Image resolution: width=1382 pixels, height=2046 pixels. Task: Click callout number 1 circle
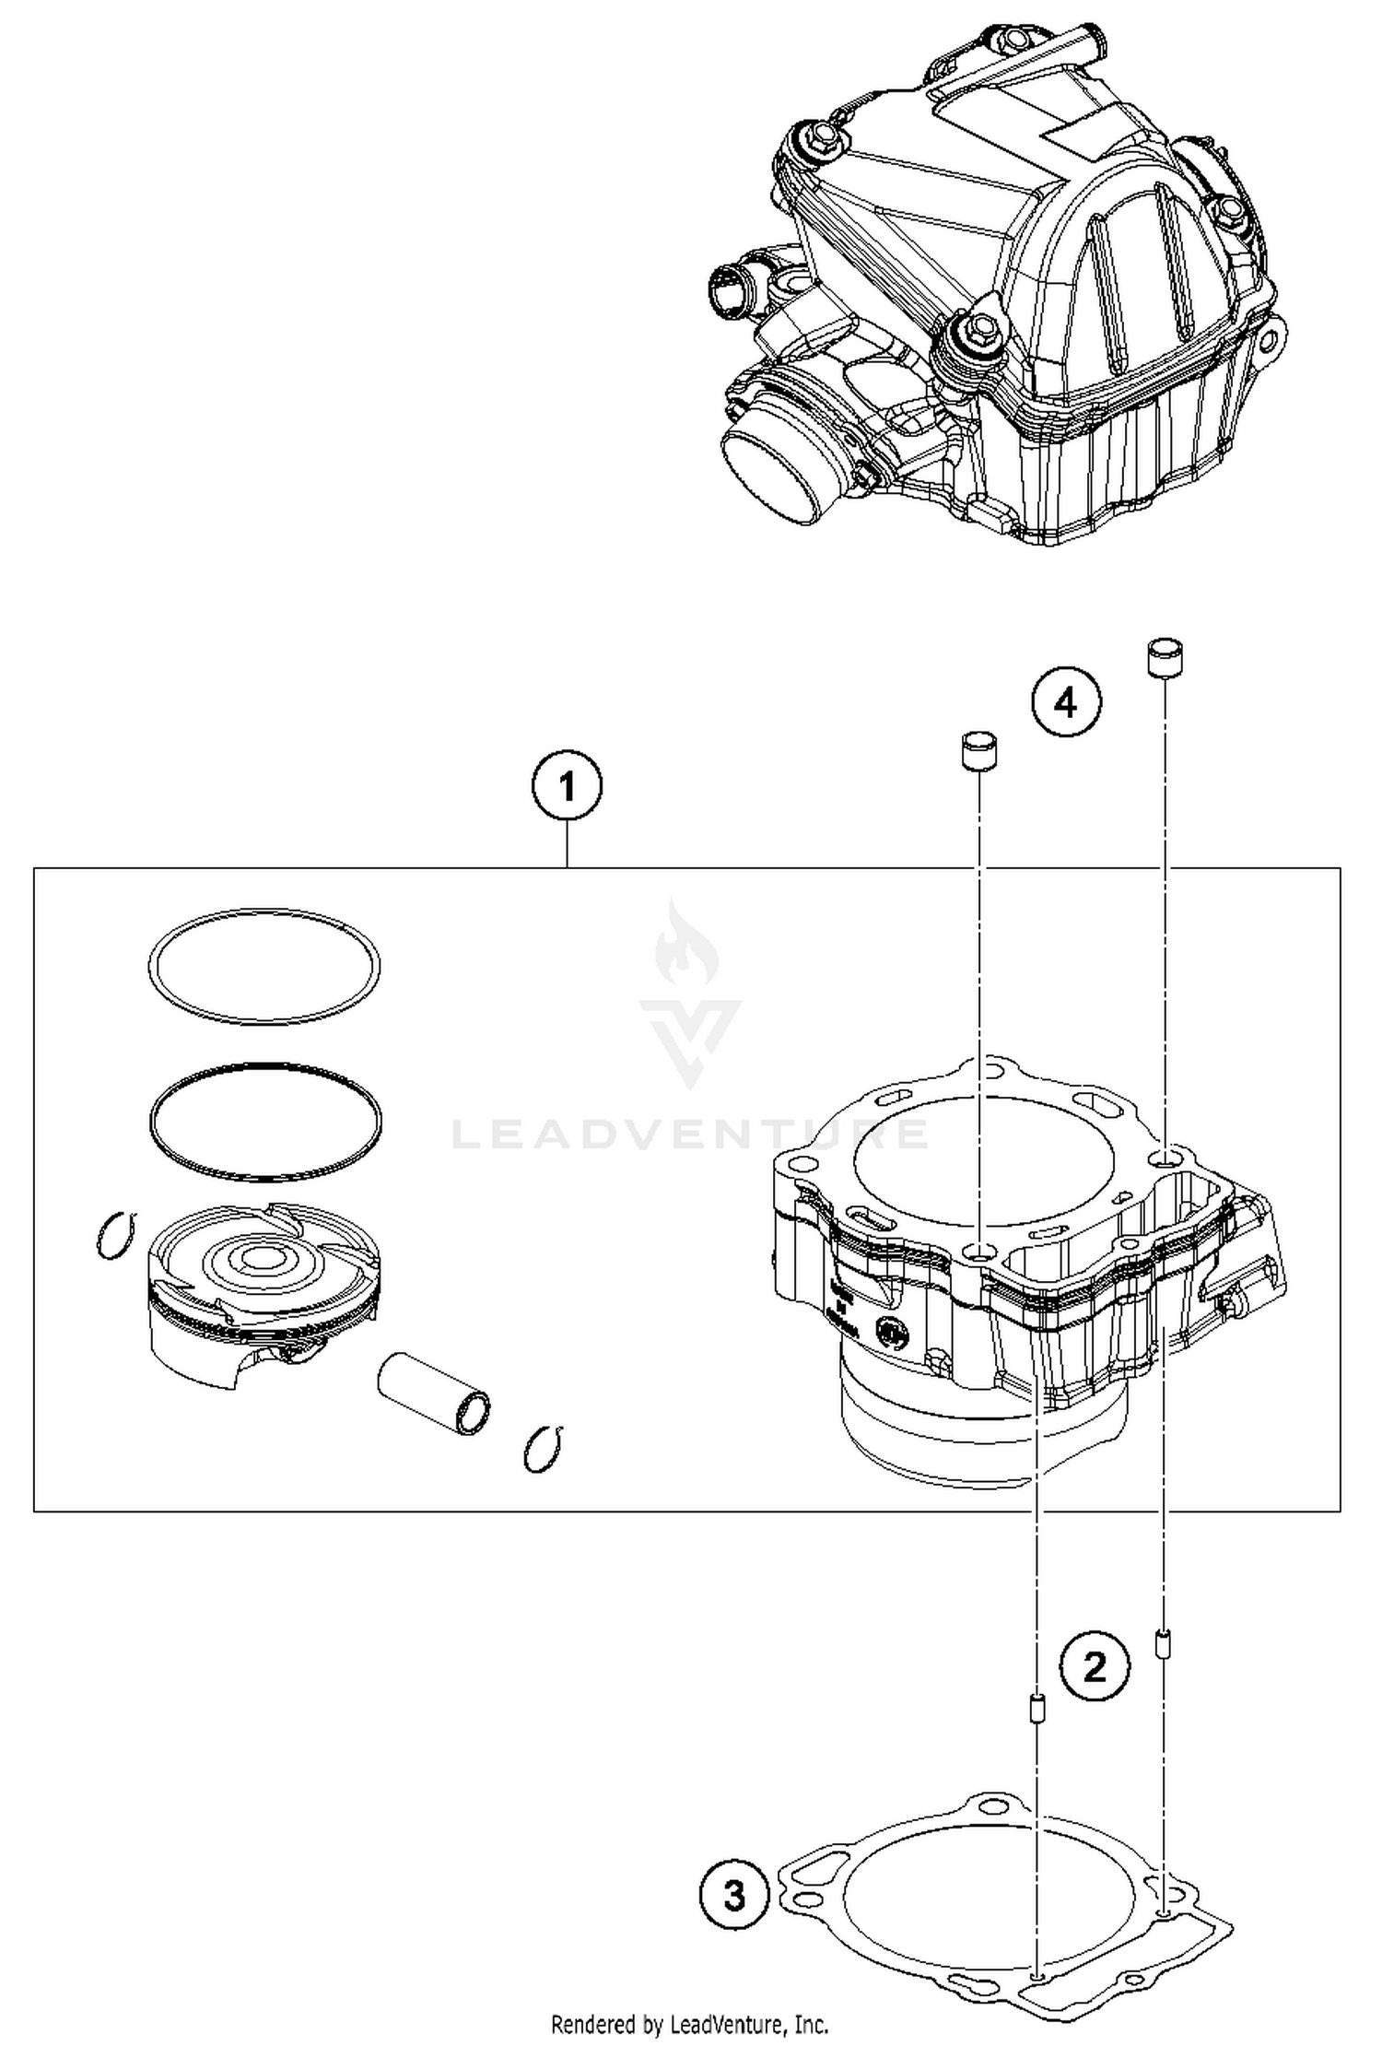[567, 788]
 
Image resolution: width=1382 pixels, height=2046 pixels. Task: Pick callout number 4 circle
[1066, 704]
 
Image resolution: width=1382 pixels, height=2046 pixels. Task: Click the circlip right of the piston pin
[543, 1449]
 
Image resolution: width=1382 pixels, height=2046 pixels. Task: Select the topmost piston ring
[264, 965]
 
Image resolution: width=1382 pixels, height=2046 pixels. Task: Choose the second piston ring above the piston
[264, 1122]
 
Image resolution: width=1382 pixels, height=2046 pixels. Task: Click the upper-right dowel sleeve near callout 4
[1165, 658]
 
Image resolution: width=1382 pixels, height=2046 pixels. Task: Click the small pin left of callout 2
[1036, 1704]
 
